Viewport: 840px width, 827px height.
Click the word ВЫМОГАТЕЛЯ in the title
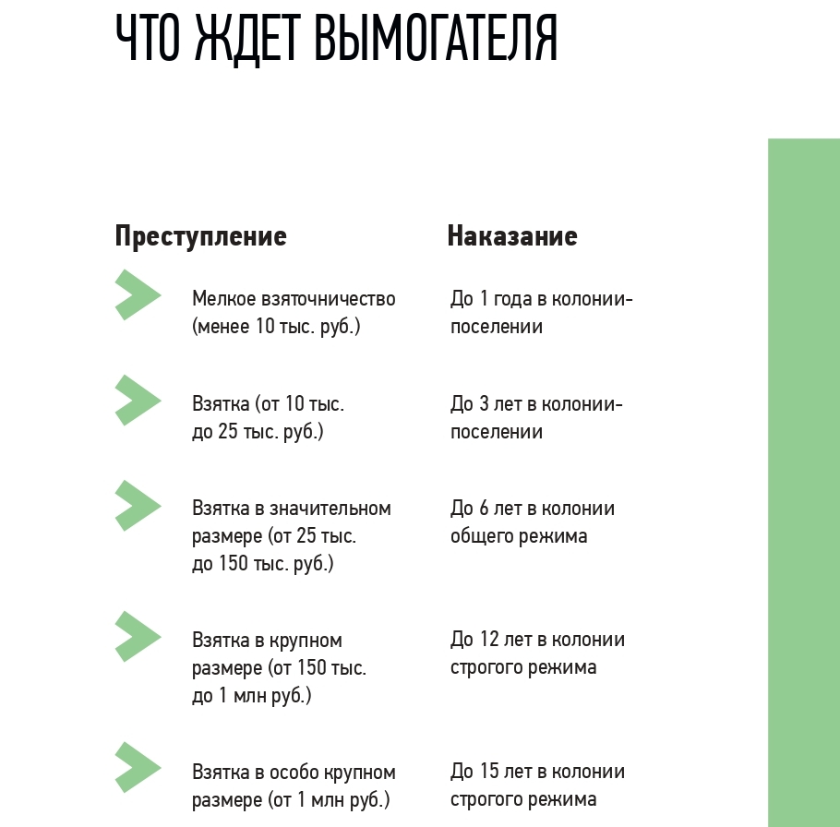click(x=436, y=39)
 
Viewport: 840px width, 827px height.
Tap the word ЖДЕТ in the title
click(x=247, y=39)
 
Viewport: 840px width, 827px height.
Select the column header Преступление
click(x=200, y=236)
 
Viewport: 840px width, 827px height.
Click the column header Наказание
click(x=511, y=236)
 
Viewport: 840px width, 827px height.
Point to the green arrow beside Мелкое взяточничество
click(x=137, y=295)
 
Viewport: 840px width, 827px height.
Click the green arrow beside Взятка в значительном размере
click(x=137, y=506)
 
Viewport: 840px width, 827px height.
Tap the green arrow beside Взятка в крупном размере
click(x=137, y=637)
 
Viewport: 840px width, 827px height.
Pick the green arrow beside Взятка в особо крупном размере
click(x=137, y=769)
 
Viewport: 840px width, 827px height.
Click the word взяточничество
click(x=323, y=299)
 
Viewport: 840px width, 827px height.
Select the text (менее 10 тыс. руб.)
click(x=276, y=327)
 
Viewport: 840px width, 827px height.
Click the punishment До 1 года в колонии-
click(x=541, y=299)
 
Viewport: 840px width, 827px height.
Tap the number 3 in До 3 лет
click(x=483, y=404)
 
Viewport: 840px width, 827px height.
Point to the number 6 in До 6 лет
click(x=483, y=509)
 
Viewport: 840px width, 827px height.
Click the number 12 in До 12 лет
click(x=488, y=640)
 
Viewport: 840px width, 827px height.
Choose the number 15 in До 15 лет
click(x=488, y=772)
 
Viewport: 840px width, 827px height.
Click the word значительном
click(x=335, y=509)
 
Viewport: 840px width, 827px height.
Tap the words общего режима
click(x=518, y=536)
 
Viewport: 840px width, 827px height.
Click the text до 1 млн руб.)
click(x=251, y=695)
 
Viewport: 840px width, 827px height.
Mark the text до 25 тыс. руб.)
click(x=258, y=432)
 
